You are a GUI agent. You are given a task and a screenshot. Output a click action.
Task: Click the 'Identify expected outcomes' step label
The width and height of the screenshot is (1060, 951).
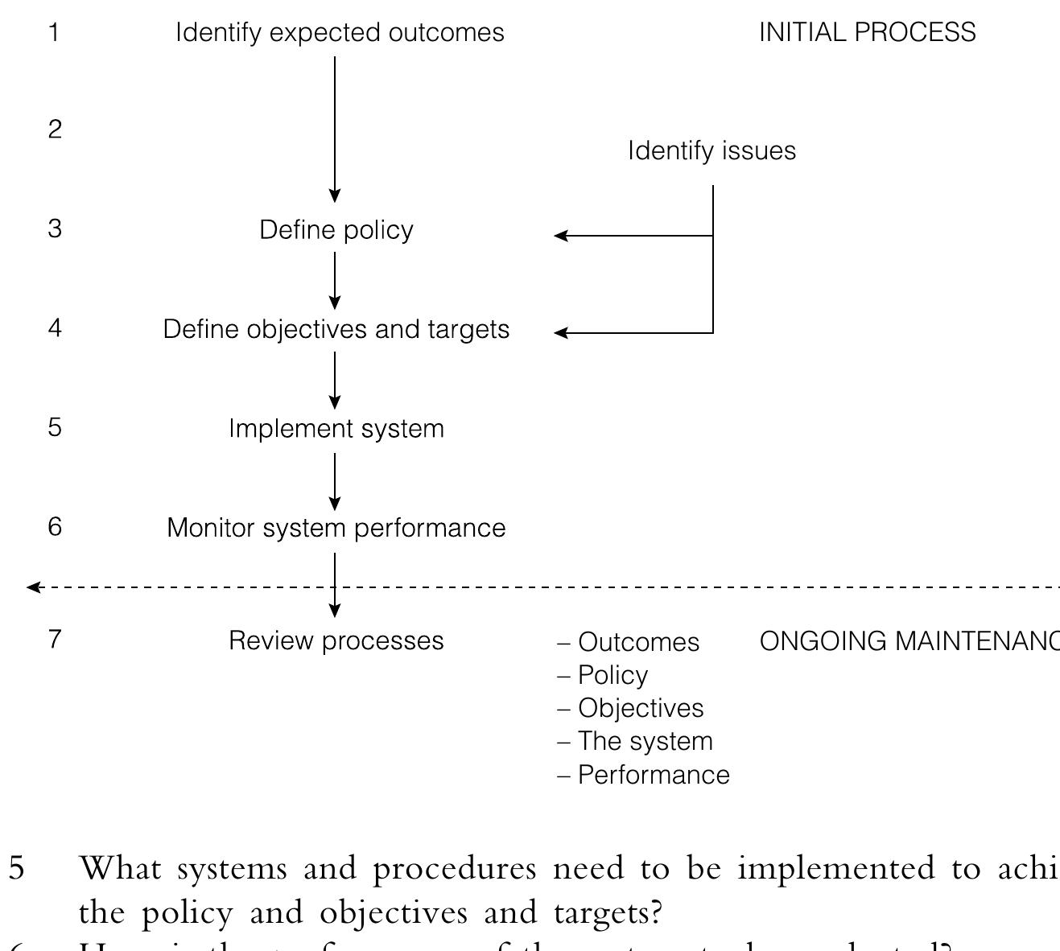pyautogui.click(x=340, y=33)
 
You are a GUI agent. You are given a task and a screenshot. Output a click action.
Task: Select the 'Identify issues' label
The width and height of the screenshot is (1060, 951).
pyautogui.click(x=711, y=151)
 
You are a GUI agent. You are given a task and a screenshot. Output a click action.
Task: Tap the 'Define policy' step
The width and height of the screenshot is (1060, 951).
pyautogui.click(x=336, y=230)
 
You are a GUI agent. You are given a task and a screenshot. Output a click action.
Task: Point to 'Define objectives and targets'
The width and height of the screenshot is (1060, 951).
pyautogui.click(x=336, y=330)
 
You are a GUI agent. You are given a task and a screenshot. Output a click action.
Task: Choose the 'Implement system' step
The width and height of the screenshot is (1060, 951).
pyautogui.click(x=336, y=429)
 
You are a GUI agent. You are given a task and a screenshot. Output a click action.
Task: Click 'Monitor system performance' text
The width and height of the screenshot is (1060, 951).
pyautogui.click(x=336, y=528)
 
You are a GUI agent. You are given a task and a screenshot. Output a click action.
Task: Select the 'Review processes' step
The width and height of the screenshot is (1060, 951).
pyautogui.click(x=336, y=640)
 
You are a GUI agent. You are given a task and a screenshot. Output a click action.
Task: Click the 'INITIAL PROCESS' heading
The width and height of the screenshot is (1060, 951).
pyautogui.click(x=867, y=33)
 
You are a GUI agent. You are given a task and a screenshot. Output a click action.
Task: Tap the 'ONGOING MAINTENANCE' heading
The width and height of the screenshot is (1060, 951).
pyautogui.click(x=909, y=641)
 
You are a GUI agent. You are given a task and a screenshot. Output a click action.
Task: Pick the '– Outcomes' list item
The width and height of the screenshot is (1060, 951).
pyautogui.click(x=629, y=642)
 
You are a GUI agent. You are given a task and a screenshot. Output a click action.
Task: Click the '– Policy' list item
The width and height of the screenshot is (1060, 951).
pyautogui.click(x=603, y=675)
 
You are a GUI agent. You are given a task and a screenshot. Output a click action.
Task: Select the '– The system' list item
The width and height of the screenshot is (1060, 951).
pyautogui.click(x=635, y=741)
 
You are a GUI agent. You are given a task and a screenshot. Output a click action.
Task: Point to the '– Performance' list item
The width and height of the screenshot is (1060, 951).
pyautogui.click(x=644, y=775)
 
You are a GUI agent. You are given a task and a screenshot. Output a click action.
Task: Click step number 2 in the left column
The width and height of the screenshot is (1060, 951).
pyautogui.click(x=55, y=130)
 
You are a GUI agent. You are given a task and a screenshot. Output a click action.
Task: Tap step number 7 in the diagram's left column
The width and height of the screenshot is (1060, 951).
pyautogui.click(x=55, y=639)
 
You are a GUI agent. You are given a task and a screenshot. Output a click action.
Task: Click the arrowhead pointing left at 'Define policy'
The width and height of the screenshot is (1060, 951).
pyautogui.click(x=561, y=236)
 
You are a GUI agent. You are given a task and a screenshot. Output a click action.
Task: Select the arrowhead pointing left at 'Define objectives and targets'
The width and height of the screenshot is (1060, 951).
pyautogui.click(x=561, y=332)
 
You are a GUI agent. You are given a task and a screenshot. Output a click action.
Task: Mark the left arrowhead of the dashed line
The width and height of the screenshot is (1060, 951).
pyautogui.click(x=33, y=587)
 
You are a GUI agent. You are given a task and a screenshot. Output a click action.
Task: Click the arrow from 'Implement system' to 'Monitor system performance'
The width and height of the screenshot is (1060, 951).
pyautogui.click(x=335, y=480)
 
